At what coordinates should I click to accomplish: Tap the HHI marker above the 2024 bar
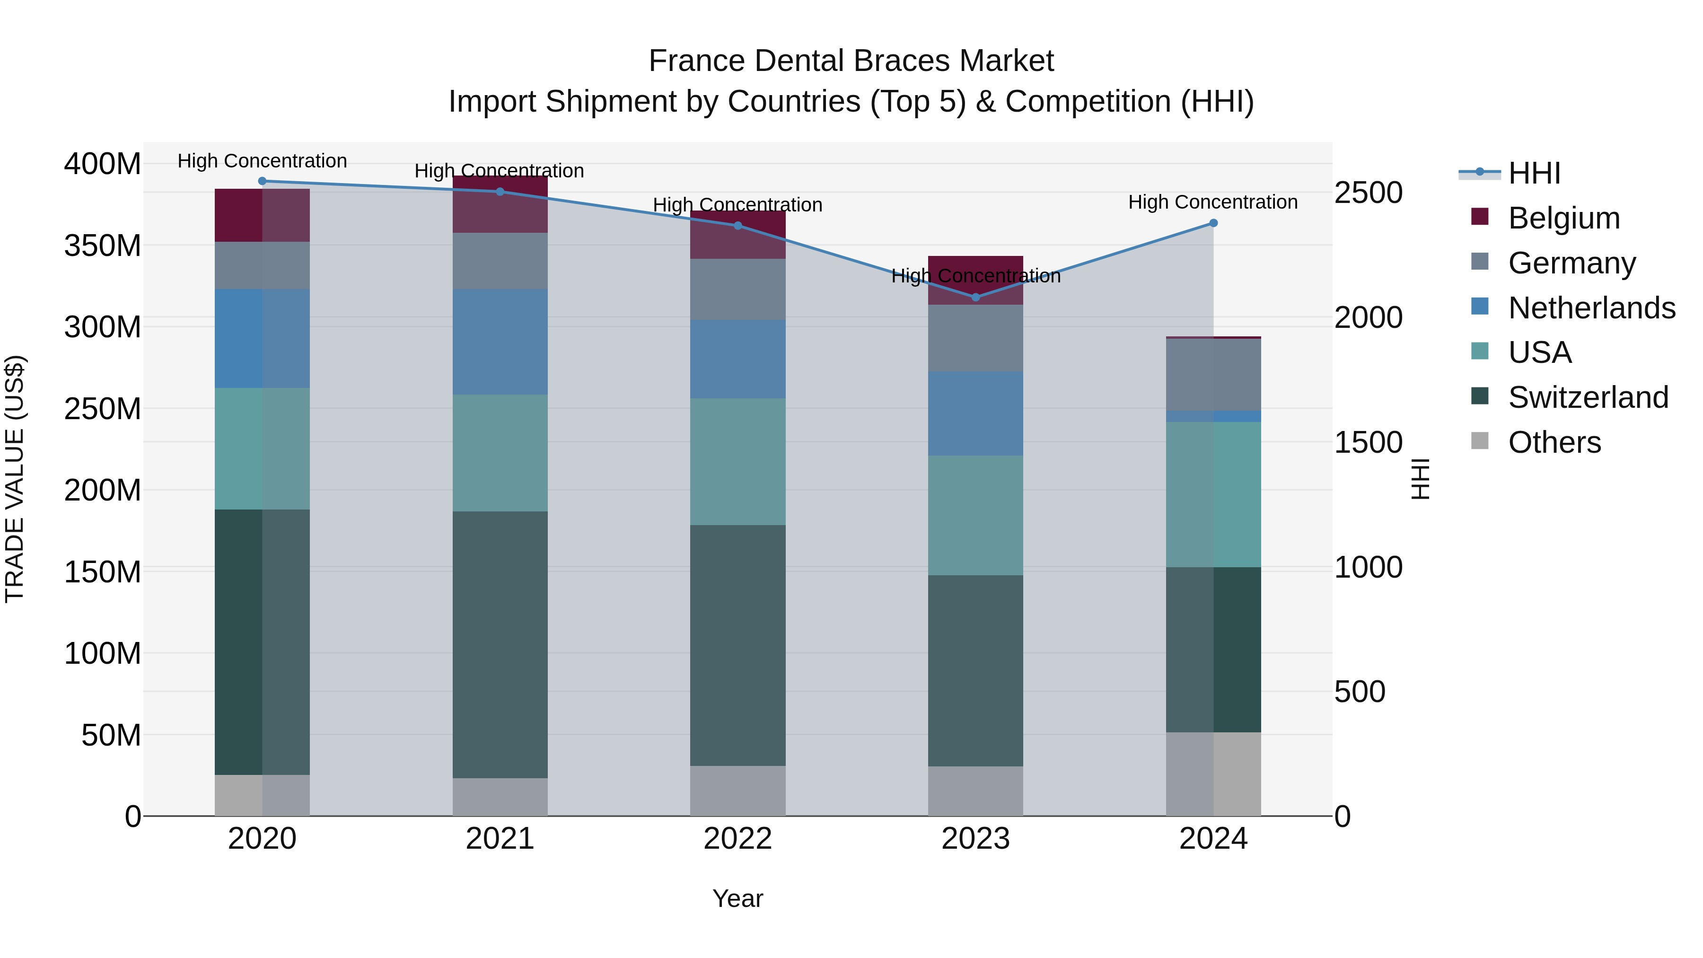[1213, 223]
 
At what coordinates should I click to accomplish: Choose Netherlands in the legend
[1592, 308]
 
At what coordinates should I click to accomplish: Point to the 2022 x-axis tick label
[738, 839]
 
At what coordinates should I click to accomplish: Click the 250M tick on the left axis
[103, 409]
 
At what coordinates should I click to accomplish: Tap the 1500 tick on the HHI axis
[1368, 442]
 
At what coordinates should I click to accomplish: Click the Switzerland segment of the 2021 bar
[500, 645]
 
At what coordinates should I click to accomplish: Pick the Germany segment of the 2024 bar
[1213, 374]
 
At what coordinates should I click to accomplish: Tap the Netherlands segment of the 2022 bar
[738, 359]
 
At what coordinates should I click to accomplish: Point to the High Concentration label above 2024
[1212, 202]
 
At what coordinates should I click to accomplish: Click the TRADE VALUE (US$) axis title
[15, 479]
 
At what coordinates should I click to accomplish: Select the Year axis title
[738, 898]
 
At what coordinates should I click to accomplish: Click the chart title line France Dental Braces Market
[851, 61]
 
